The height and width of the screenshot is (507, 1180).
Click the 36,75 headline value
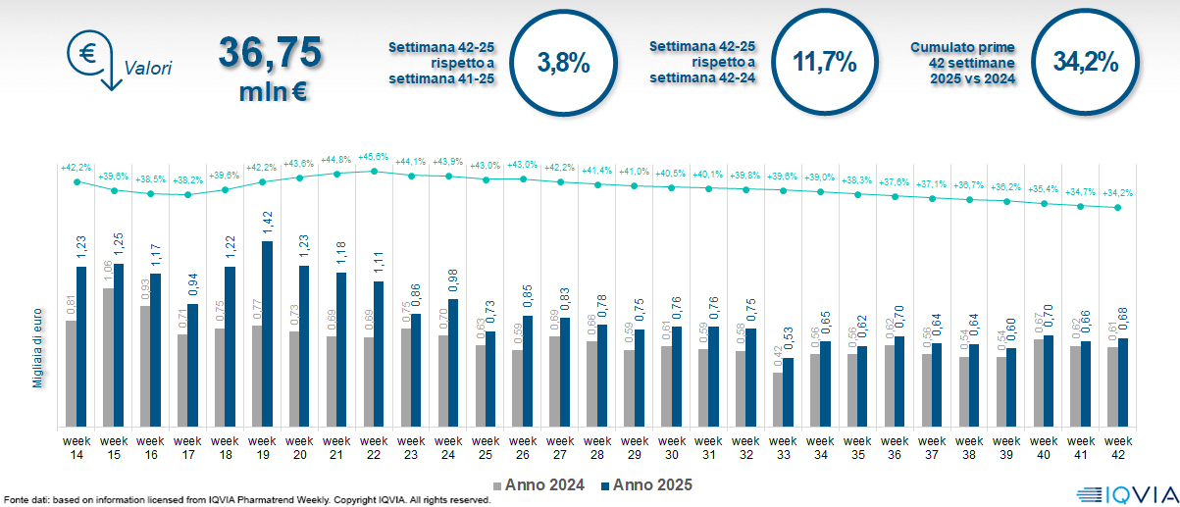pos(271,52)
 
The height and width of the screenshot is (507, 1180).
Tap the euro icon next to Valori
pos(86,51)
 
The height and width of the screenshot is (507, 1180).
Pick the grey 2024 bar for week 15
pos(108,358)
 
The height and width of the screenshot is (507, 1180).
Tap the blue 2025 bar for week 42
pos(1123,382)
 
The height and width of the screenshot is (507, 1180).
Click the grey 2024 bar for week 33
pos(777,399)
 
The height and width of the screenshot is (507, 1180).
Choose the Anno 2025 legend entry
pos(647,484)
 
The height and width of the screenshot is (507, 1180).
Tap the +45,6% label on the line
pos(373,156)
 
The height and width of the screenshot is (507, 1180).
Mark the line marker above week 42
pos(1118,207)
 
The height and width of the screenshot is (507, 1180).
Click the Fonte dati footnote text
pos(245,500)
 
